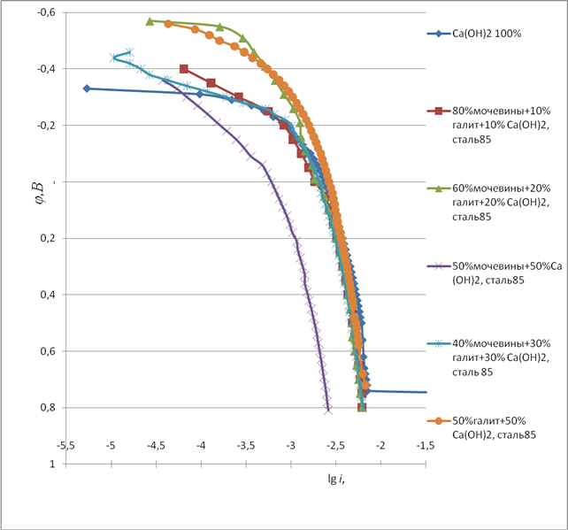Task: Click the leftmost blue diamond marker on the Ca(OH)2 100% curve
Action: point(87,88)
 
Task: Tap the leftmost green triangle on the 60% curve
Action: point(150,21)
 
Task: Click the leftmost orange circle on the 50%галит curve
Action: point(168,24)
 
